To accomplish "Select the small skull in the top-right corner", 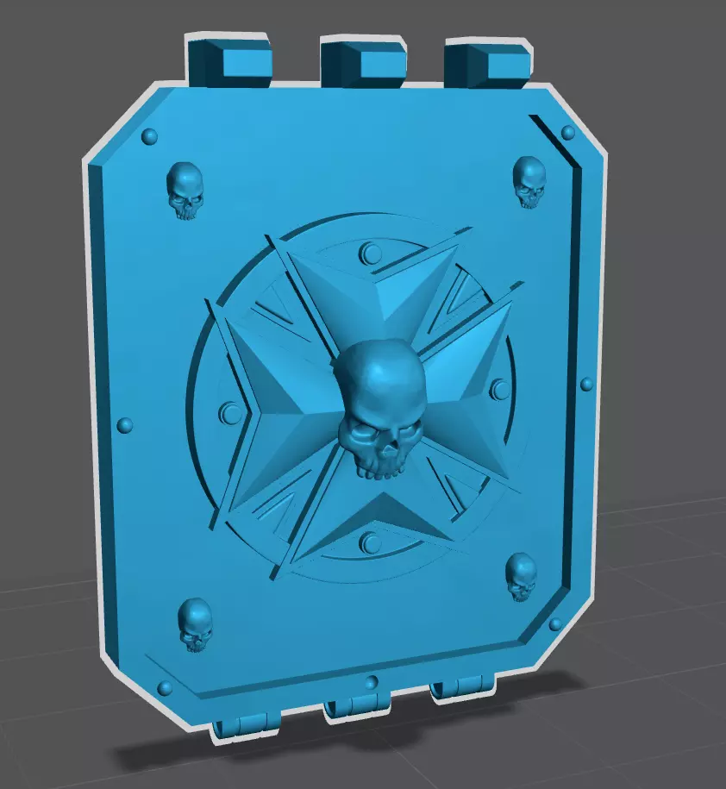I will (529, 181).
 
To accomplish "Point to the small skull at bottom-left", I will (196, 624).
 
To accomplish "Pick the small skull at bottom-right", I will (521, 577).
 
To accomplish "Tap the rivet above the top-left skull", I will (149, 136).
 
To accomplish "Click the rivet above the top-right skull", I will (568, 132).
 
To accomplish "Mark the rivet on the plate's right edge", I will (587, 384).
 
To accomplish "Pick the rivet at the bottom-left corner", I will (164, 686).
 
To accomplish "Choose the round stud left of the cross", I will (229, 412).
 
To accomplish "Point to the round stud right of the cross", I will (498, 389).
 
